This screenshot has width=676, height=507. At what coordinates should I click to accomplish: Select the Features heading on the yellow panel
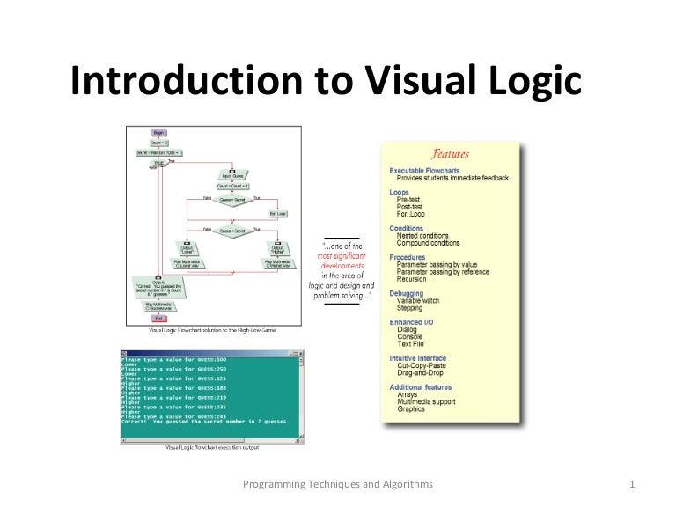tap(450, 154)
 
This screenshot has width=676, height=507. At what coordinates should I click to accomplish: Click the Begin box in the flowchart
tap(159, 132)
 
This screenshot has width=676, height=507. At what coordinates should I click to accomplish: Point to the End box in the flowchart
tap(159, 319)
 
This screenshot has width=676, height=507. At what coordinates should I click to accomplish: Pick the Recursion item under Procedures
tap(411, 279)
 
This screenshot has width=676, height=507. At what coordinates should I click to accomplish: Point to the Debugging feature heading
tap(407, 293)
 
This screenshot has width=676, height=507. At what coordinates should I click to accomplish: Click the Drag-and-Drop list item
tap(422, 373)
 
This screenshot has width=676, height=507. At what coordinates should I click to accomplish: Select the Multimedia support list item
tap(428, 401)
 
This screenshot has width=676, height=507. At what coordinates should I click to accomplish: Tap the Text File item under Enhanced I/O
tap(411, 344)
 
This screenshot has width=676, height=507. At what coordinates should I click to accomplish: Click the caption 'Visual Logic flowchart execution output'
tap(212, 447)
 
